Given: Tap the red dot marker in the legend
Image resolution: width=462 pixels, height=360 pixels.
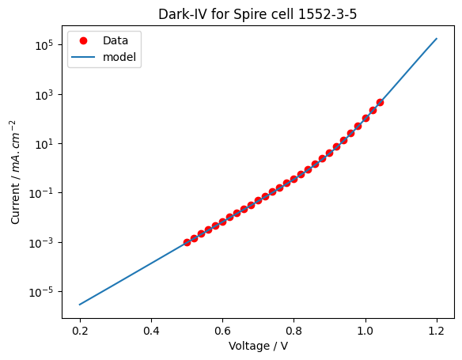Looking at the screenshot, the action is [83, 40].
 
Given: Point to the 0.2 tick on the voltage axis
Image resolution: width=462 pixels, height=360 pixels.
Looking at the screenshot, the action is [80, 332].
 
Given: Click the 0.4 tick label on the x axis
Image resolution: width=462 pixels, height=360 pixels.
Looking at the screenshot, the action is [151, 332].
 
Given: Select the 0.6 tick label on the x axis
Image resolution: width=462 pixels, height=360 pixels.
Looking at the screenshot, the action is [222, 332].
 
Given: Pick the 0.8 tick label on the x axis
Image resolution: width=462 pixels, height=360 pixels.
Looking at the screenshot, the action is [293, 332].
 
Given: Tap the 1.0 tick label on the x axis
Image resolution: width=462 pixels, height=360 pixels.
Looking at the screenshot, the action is [365, 332].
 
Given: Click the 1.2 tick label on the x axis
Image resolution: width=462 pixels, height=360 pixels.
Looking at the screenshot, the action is [437, 332].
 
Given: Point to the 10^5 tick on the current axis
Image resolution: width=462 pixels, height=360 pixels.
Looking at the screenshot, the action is [44, 45].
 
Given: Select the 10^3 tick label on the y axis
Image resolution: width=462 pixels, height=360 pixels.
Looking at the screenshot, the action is [44, 95].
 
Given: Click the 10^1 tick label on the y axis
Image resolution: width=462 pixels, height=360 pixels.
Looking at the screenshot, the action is [44, 144].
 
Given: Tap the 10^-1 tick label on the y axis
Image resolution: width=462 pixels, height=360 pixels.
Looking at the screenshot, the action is [42, 193].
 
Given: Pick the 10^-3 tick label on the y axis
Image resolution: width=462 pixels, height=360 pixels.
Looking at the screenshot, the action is [42, 243].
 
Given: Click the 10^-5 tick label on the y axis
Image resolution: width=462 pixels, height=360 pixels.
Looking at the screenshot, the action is [42, 292].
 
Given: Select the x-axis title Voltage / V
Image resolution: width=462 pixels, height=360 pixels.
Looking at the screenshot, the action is [258, 346].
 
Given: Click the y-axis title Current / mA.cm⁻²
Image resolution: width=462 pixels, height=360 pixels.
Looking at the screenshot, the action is [15, 172].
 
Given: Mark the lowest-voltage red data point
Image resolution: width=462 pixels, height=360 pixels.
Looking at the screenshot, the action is [187, 242].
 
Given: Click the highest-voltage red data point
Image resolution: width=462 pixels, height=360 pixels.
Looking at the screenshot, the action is [380, 103].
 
